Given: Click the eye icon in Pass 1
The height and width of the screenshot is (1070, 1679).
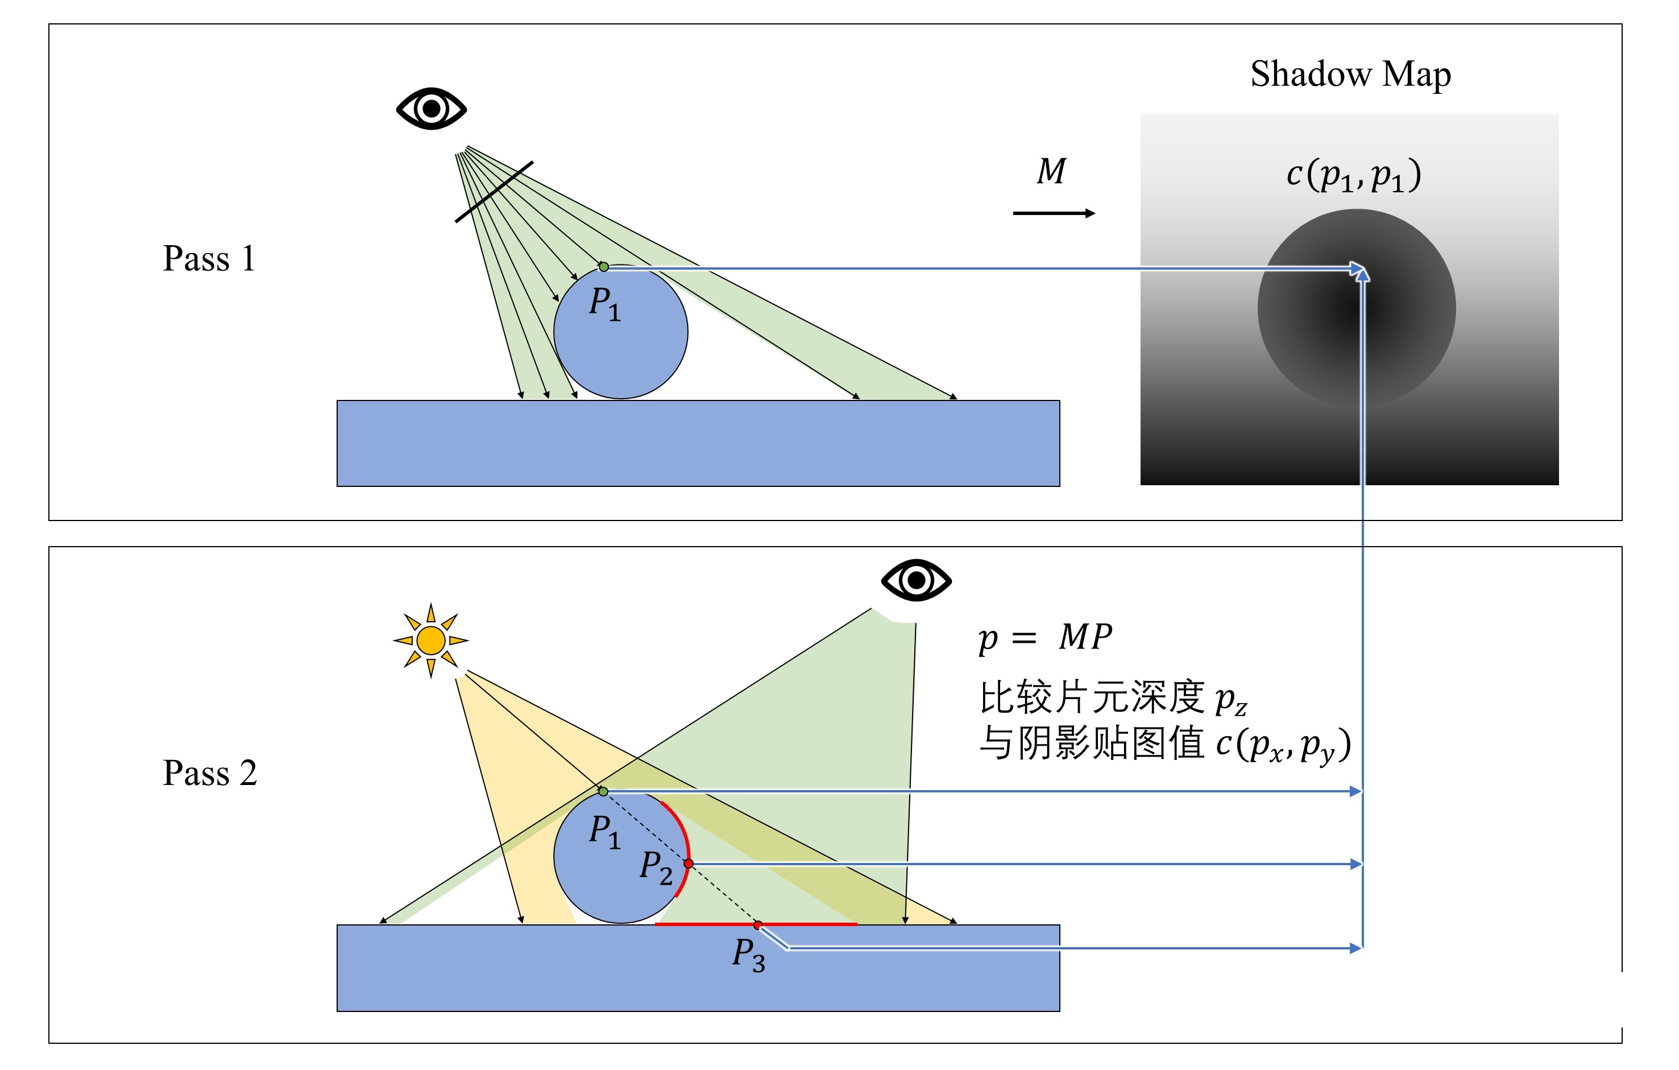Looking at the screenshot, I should [431, 108].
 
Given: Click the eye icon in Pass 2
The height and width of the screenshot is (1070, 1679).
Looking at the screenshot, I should [915, 580].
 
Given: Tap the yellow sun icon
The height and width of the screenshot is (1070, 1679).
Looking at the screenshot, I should [431, 639].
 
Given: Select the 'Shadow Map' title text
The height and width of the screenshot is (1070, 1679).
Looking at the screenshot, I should [1350, 74].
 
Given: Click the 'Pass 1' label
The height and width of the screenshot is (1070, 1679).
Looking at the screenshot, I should [209, 259].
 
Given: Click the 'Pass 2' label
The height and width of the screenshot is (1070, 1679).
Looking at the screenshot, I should [209, 773].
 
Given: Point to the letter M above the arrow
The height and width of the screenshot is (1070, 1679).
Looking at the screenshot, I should [1051, 172].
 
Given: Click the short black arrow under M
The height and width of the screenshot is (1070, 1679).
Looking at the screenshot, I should [1053, 213].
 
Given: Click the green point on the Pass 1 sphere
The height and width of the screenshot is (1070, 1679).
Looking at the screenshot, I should [604, 266].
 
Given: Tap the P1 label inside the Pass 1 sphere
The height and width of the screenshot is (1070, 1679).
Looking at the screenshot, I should [604, 303].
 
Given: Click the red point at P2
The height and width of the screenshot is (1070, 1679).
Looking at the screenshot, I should [688, 864].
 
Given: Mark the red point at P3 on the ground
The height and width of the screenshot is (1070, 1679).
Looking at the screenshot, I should [758, 925].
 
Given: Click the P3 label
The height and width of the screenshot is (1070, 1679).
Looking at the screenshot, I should [748, 954].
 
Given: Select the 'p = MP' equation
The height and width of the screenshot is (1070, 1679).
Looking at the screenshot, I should [1044, 637].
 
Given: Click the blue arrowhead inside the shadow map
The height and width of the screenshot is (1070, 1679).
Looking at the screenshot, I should [1359, 271].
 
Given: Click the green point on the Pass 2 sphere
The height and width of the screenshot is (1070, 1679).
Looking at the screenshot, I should [604, 791].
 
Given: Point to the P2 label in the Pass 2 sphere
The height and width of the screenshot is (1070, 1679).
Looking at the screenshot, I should [656, 867].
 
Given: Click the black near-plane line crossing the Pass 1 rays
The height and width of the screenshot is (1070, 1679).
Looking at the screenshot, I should [494, 192].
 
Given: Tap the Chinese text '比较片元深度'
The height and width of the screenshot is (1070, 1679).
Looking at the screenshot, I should [1092, 697].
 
